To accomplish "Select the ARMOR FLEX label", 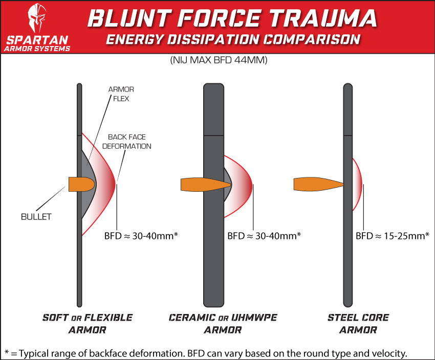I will pyautogui.click(x=121, y=94).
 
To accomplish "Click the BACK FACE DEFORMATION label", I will pyautogui.click(x=129, y=142).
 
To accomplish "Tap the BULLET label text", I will pyautogui.click(x=37, y=217).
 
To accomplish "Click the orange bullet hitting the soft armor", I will pyautogui.click(x=81, y=184).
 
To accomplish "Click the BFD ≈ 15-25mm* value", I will pyautogui.click(x=393, y=236).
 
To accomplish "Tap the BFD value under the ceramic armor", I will pyautogui.click(x=264, y=236).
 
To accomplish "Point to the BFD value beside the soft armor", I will pyautogui.click(x=140, y=236).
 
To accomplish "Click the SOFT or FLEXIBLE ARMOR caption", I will pyautogui.click(x=87, y=324).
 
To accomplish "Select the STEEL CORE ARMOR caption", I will pyautogui.click(x=358, y=324).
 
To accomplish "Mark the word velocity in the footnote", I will pyautogui.click(x=391, y=353).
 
